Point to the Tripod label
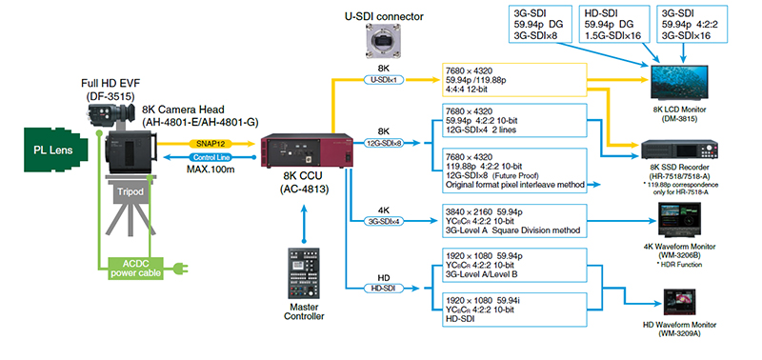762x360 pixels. [x=130, y=191]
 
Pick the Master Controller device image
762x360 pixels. [x=304, y=273]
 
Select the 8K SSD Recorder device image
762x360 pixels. [x=680, y=150]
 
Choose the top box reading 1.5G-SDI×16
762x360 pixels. [x=614, y=24]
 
